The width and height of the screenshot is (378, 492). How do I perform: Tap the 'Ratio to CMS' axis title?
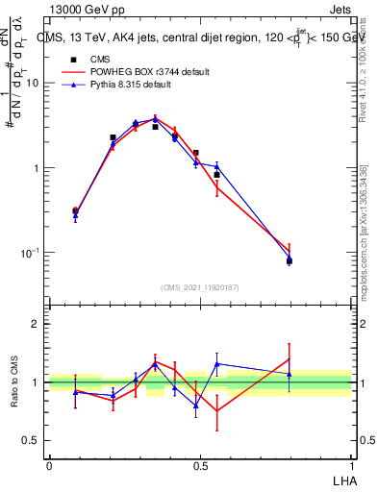tap(15, 382)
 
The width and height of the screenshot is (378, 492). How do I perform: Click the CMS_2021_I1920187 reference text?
tap(200, 287)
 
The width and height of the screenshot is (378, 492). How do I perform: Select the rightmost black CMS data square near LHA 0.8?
tap(289, 260)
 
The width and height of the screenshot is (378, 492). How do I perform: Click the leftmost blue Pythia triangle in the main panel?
tap(75, 215)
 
